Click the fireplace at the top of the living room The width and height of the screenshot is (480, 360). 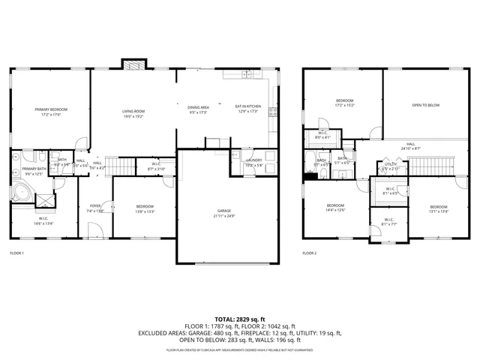pyautogui.click(x=133, y=66)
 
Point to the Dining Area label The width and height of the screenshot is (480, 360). pyautogui.click(x=198, y=107)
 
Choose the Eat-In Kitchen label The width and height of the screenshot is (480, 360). pyautogui.click(x=247, y=107)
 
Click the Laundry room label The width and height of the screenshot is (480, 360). pyautogui.click(x=253, y=160)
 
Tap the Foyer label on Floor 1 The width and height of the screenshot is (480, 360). pyautogui.click(x=95, y=206)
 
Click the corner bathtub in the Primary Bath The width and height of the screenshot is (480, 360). pyautogui.click(x=21, y=193)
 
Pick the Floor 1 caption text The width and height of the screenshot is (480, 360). pyautogui.click(x=16, y=253)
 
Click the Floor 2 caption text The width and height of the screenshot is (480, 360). pyautogui.click(x=310, y=253)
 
